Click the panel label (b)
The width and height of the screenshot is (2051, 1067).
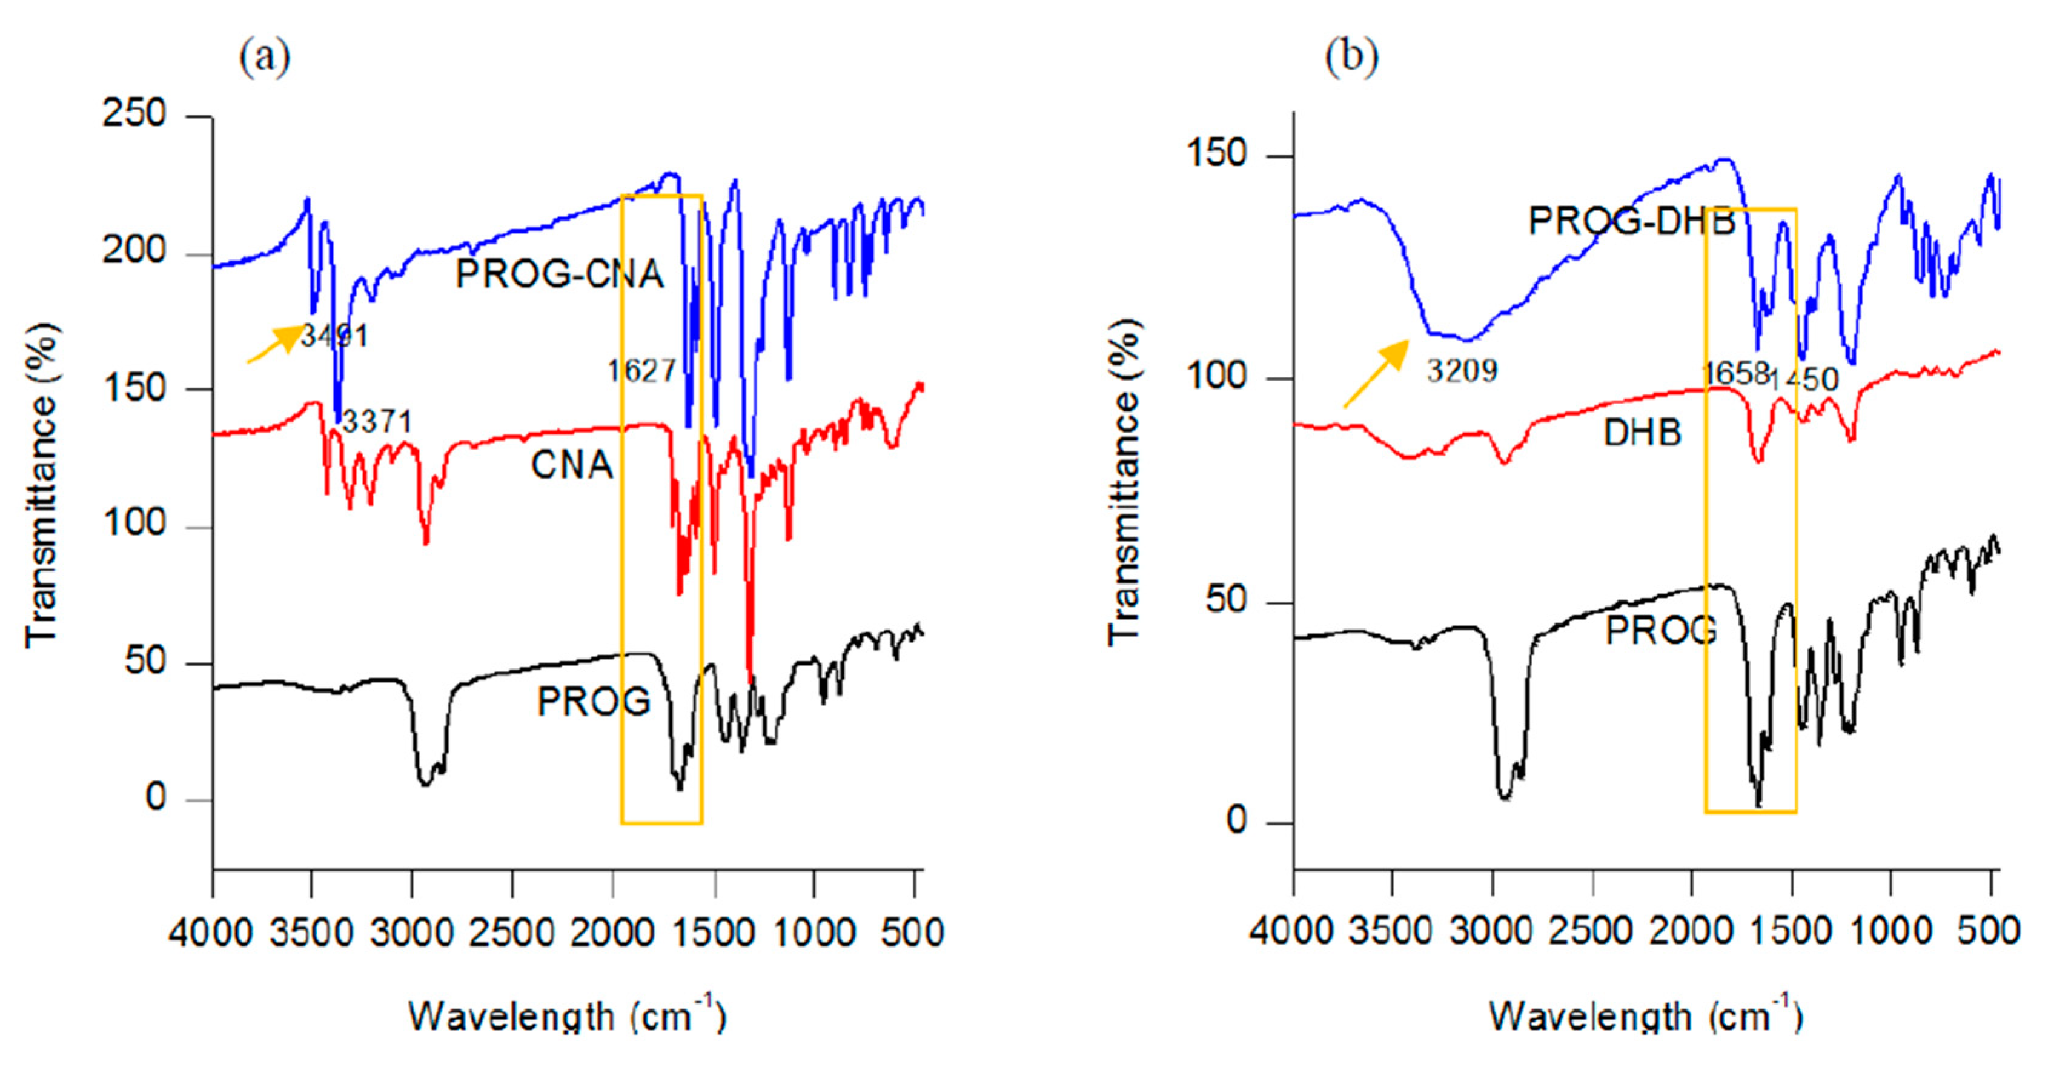[x=1351, y=58]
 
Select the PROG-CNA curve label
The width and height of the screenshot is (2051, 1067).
[x=559, y=274]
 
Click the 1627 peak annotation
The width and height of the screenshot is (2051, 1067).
[x=641, y=371]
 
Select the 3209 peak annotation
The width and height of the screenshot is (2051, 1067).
[x=1462, y=371]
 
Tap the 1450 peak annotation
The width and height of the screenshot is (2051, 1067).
[x=1804, y=380]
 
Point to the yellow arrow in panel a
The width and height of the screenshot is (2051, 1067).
[x=276, y=344]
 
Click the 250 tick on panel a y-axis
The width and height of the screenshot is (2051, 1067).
[x=134, y=115]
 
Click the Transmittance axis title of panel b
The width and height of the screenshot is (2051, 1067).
[x=1124, y=482]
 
